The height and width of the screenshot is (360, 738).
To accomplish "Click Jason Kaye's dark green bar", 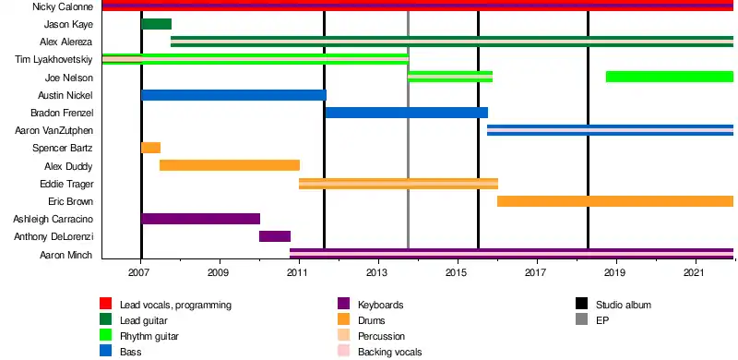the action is coord(156,24).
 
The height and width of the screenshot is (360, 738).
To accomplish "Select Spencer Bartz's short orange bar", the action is coord(150,148).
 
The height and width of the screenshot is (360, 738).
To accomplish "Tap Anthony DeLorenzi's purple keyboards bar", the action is coord(275,236).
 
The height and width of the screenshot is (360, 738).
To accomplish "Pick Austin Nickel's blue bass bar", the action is coord(233,95).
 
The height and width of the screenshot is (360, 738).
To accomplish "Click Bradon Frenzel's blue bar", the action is coord(407,113).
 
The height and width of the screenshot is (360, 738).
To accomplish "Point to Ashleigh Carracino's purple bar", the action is coord(200,219).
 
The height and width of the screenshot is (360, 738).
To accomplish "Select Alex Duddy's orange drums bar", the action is coord(230,165).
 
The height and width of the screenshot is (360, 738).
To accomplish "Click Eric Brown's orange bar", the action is coord(615,201).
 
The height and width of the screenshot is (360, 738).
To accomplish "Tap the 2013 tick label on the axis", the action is coord(376,273).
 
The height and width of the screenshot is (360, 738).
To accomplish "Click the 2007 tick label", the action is coord(139,273).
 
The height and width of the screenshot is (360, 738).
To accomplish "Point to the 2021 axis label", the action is coord(694,273).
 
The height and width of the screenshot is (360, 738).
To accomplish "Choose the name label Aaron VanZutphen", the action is coord(54,130).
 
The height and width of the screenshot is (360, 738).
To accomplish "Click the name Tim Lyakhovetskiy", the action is coord(54,60).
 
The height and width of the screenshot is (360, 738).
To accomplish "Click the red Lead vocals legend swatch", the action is coord(106,304).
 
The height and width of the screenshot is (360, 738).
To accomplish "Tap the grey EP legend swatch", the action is coord(582,319).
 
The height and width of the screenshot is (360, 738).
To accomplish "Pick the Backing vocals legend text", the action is coord(389,352).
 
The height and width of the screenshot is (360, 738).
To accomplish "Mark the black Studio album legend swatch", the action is coord(582,304).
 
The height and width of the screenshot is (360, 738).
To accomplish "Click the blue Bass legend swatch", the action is coord(106,351).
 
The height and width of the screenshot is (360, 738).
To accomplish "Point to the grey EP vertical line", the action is coord(408,129).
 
